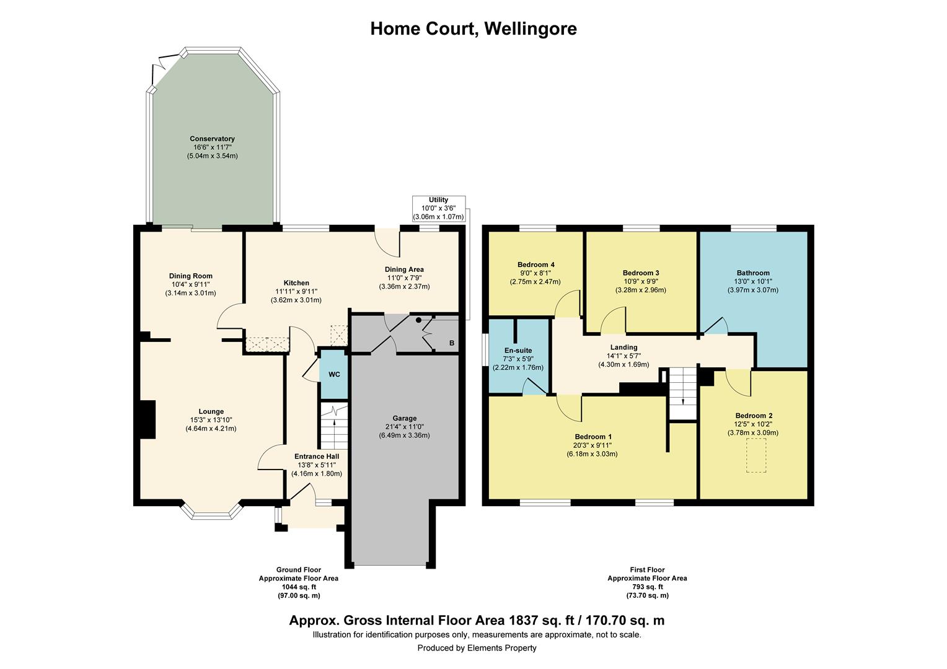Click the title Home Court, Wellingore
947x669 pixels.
coord(474,28)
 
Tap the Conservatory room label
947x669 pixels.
coord(212,139)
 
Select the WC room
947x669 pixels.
coord(334,375)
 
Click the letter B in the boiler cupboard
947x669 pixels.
coord(451,343)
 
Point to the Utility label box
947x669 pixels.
coord(438,209)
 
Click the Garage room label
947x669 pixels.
coord(404,418)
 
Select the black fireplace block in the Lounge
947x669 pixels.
coord(148,419)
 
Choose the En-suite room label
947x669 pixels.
coord(518,351)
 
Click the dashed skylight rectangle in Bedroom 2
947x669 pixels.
coord(755,455)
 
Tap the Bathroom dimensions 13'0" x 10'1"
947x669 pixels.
coord(753,281)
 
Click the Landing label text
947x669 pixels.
coord(623,348)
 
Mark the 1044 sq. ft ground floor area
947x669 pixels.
coord(299,587)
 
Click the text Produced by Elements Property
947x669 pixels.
coord(477,648)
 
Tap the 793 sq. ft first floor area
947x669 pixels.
coord(646,587)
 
